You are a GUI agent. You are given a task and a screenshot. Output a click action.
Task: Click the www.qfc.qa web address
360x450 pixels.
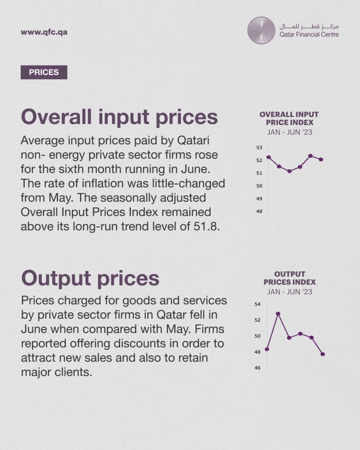(x=44, y=32)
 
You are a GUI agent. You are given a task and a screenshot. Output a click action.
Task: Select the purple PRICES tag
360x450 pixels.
(x=44, y=72)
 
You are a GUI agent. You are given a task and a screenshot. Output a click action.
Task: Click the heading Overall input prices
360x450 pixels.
(x=120, y=118)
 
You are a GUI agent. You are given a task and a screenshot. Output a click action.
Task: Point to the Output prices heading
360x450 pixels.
(x=90, y=278)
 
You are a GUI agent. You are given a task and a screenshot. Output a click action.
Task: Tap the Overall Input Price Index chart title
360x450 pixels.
(x=289, y=118)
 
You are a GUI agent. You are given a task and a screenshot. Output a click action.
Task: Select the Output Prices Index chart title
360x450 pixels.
(x=290, y=278)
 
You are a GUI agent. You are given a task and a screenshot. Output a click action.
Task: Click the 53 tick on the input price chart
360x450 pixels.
(x=259, y=148)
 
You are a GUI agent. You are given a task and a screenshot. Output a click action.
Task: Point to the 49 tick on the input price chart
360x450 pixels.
(x=259, y=199)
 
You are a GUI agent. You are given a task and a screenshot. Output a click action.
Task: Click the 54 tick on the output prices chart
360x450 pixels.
(x=258, y=304)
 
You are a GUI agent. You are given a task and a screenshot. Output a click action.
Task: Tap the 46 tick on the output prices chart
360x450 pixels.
(x=258, y=368)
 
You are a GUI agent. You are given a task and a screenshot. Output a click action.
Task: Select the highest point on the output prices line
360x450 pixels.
(x=278, y=314)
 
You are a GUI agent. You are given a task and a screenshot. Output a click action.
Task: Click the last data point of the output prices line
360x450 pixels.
(x=323, y=354)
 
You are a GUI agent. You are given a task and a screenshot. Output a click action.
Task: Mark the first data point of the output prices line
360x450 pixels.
(x=267, y=349)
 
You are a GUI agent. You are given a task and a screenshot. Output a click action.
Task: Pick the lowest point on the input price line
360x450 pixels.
(x=290, y=171)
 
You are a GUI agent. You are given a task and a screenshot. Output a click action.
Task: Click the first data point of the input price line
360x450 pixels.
(x=269, y=157)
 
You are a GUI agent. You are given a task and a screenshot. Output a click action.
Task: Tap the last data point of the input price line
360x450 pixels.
(x=321, y=160)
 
